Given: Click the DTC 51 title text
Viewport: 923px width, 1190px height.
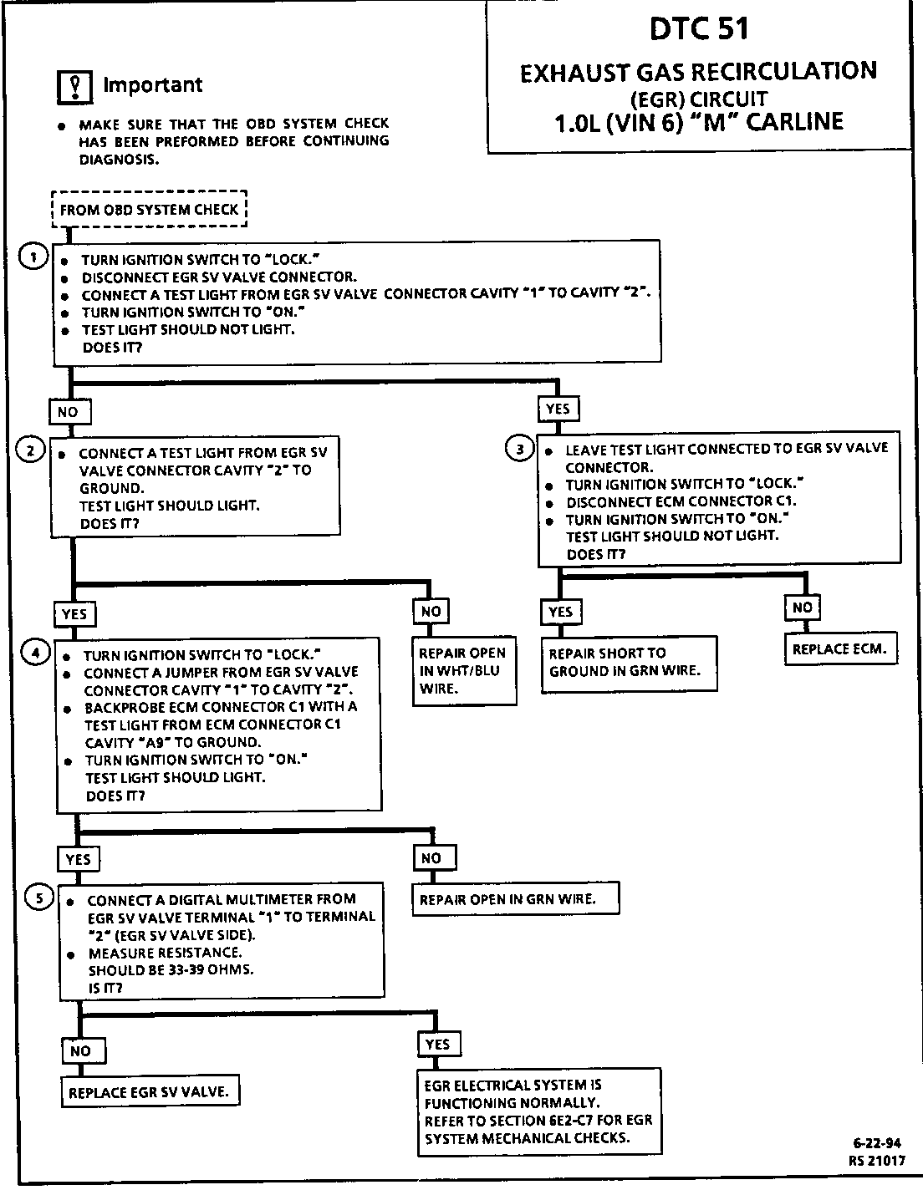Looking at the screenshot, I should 699,29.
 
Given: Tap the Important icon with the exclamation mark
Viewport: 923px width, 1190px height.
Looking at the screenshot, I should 74,86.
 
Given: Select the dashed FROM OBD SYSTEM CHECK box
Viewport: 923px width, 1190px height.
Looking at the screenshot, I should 150,210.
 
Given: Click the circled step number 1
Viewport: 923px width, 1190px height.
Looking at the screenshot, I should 32,257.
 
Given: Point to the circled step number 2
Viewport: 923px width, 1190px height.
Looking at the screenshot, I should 30,451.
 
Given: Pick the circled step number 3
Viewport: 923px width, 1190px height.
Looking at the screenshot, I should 520,450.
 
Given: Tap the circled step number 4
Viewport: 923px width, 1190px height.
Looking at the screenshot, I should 34,653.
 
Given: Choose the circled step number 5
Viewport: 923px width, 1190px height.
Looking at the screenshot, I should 38,898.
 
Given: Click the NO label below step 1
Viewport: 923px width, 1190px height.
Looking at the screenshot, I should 68,412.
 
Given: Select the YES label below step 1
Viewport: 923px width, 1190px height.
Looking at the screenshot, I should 558,409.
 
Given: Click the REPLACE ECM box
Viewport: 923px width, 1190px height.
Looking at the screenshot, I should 839,648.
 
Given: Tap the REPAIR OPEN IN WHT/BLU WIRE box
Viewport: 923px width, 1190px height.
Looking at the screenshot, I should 462,671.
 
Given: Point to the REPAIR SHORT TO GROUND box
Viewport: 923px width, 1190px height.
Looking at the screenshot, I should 630,663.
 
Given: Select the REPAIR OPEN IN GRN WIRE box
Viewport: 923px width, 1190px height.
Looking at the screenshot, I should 515,899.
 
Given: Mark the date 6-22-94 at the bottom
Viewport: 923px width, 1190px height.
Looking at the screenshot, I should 877,1142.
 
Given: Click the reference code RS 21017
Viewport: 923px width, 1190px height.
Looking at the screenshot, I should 876,1160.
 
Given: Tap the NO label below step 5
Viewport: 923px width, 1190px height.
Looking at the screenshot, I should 80,1050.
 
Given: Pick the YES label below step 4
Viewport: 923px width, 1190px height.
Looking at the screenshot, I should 78,859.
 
